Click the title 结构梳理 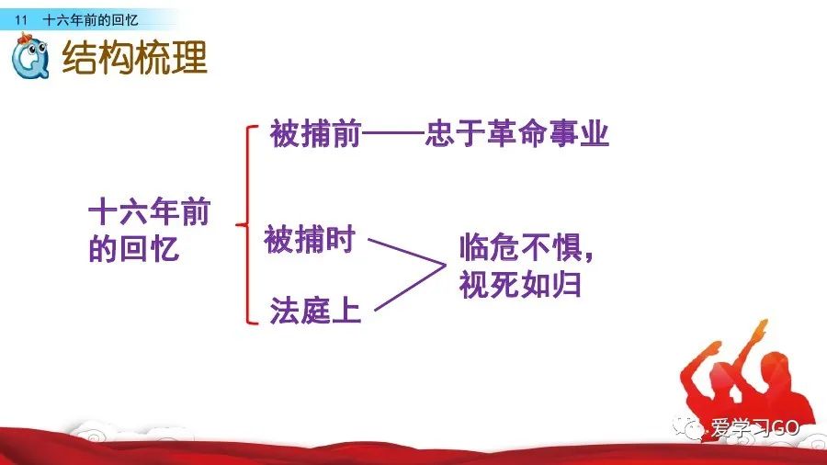click(x=134, y=57)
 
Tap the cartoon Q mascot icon click(x=30, y=56)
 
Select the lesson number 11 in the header click(x=20, y=20)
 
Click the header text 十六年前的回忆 click(x=90, y=20)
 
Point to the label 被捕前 click(x=315, y=133)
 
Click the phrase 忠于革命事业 click(x=516, y=132)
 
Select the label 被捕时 click(x=310, y=239)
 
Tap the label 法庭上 click(x=315, y=310)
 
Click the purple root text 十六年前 click(x=150, y=211)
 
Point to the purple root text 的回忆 click(x=134, y=248)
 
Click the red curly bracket click(x=247, y=224)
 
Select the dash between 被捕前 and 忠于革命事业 click(x=393, y=133)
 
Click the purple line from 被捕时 click(x=407, y=252)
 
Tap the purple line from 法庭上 click(x=410, y=288)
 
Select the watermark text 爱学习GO click(x=754, y=427)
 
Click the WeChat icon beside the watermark click(x=687, y=427)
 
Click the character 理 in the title click(x=189, y=57)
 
